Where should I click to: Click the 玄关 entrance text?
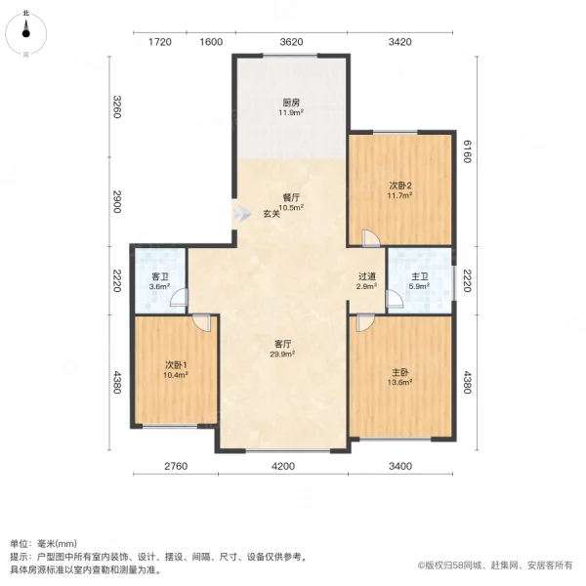pyautogui.click(x=272, y=214)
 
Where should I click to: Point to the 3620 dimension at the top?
pyautogui.click(x=291, y=41)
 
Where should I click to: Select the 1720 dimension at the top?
pyautogui.click(x=160, y=41)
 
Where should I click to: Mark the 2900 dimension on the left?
pyautogui.click(x=116, y=202)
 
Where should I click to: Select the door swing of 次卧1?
pyautogui.click(x=200, y=321)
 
